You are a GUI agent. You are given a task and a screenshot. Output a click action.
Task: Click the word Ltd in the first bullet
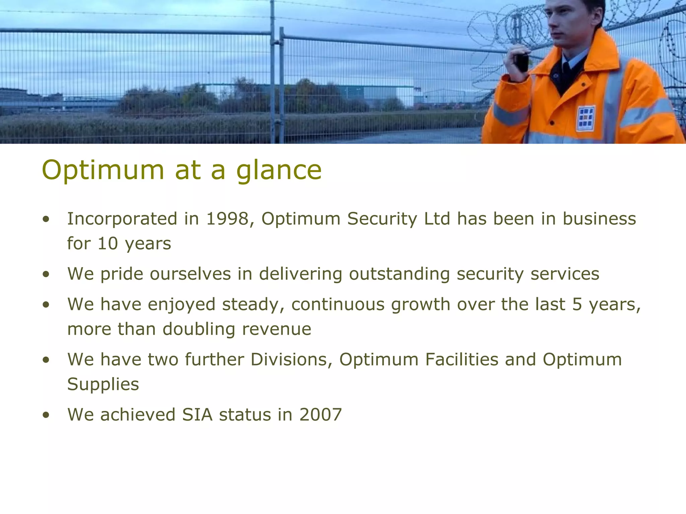point(437,219)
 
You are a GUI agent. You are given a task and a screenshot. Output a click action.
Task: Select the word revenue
point(277,329)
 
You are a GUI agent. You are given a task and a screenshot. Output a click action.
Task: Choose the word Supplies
point(103,384)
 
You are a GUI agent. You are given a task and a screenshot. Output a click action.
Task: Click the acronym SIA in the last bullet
point(197,415)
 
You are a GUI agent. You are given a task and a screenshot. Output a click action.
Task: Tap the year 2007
point(321,415)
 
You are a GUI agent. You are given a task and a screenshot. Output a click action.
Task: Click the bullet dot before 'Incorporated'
point(46,220)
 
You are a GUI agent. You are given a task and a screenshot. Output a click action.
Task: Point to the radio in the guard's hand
point(522,62)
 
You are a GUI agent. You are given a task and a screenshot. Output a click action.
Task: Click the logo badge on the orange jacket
point(586,118)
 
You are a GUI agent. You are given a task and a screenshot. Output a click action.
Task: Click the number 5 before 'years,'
point(577,305)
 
